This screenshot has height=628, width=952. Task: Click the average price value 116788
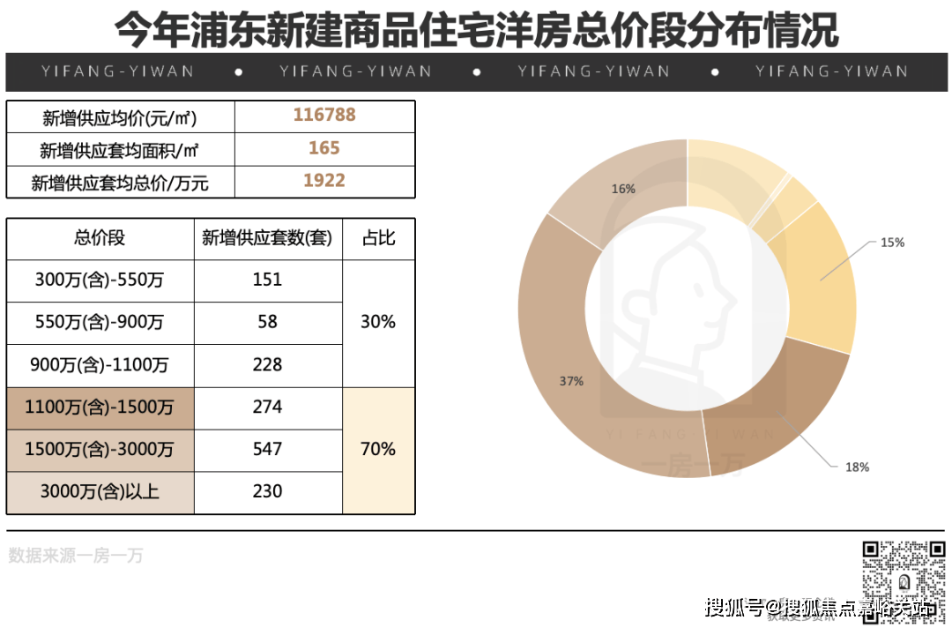click(324, 116)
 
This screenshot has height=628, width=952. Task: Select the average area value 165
click(324, 148)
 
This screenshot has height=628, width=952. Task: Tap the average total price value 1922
click(324, 181)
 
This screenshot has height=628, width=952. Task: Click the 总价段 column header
click(100, 238)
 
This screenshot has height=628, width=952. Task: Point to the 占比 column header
click(378, 238)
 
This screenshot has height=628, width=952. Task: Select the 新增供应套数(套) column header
click(267, 238)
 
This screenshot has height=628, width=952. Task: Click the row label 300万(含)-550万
click(100, 280)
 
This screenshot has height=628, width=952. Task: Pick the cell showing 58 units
click(267, 322)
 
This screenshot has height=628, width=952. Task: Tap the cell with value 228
click(267, 364)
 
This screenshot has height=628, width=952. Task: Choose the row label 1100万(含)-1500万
click(100, 407)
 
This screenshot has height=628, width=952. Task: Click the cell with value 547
click(267, 449)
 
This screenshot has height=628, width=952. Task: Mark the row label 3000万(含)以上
click(100, 491)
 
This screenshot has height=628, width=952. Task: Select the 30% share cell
click(378, 322)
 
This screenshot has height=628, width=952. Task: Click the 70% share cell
click(378, 449)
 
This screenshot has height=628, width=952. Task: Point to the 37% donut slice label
click(571, 381)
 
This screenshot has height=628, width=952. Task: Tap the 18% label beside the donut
click(857, 467)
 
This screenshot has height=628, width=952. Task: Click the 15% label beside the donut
click(892, 242)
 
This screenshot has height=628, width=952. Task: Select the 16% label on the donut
click(623, 189)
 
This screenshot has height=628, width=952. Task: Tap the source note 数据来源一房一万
click(76, 556)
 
